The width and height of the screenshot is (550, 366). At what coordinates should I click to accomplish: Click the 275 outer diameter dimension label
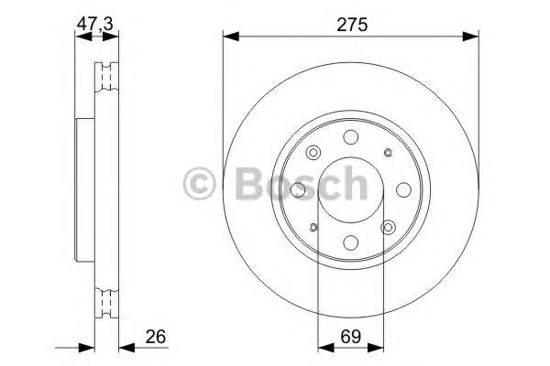pyautogui.click(x=352, y=25)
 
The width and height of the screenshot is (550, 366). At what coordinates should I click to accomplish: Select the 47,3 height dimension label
pyautogui.click(x=94, y=24)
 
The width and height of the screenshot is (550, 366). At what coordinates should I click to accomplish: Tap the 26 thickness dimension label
pyautogui.click(x=156, y=337)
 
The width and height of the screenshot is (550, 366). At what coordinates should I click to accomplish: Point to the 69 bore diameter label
pyautogui.click(x=351, y=337)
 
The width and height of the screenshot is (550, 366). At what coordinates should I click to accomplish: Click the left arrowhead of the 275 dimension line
pyautogui.click(x=231, y=36)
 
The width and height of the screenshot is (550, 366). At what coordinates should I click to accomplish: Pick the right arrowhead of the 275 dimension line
pyautogui.click(x=471, y=36)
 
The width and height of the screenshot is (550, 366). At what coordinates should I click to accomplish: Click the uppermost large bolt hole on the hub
pyautogui.click(x=350, y=137)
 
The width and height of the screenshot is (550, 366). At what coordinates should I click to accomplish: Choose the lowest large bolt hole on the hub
pyautogui.click(x=350, y=242)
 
